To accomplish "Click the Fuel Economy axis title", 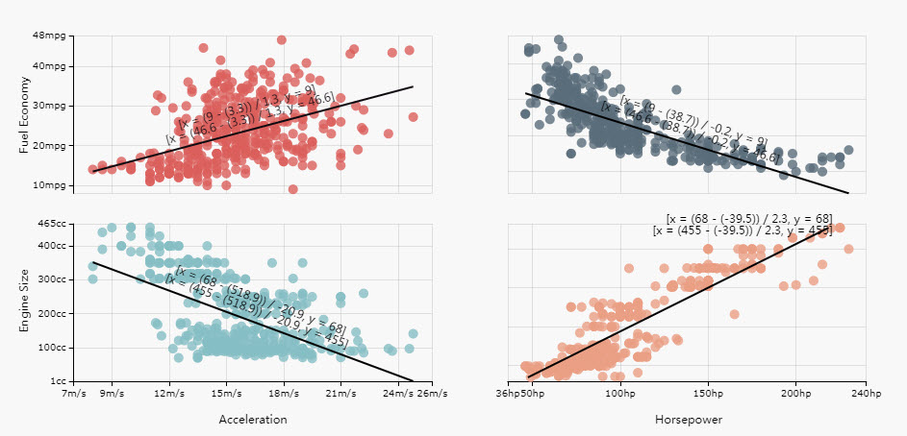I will [25, 114].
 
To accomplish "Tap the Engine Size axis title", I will [25, 302].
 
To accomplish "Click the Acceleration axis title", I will [252, 420].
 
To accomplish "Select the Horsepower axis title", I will [689, 420].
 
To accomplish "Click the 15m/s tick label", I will [227, 394].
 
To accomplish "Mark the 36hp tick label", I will [507, 394].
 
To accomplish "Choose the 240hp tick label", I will [866, 394].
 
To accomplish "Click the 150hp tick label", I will [708, 394].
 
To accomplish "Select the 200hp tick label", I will [795, 394].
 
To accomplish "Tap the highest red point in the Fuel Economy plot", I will [281, 40].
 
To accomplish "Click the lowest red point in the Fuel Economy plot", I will [292, 189].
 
